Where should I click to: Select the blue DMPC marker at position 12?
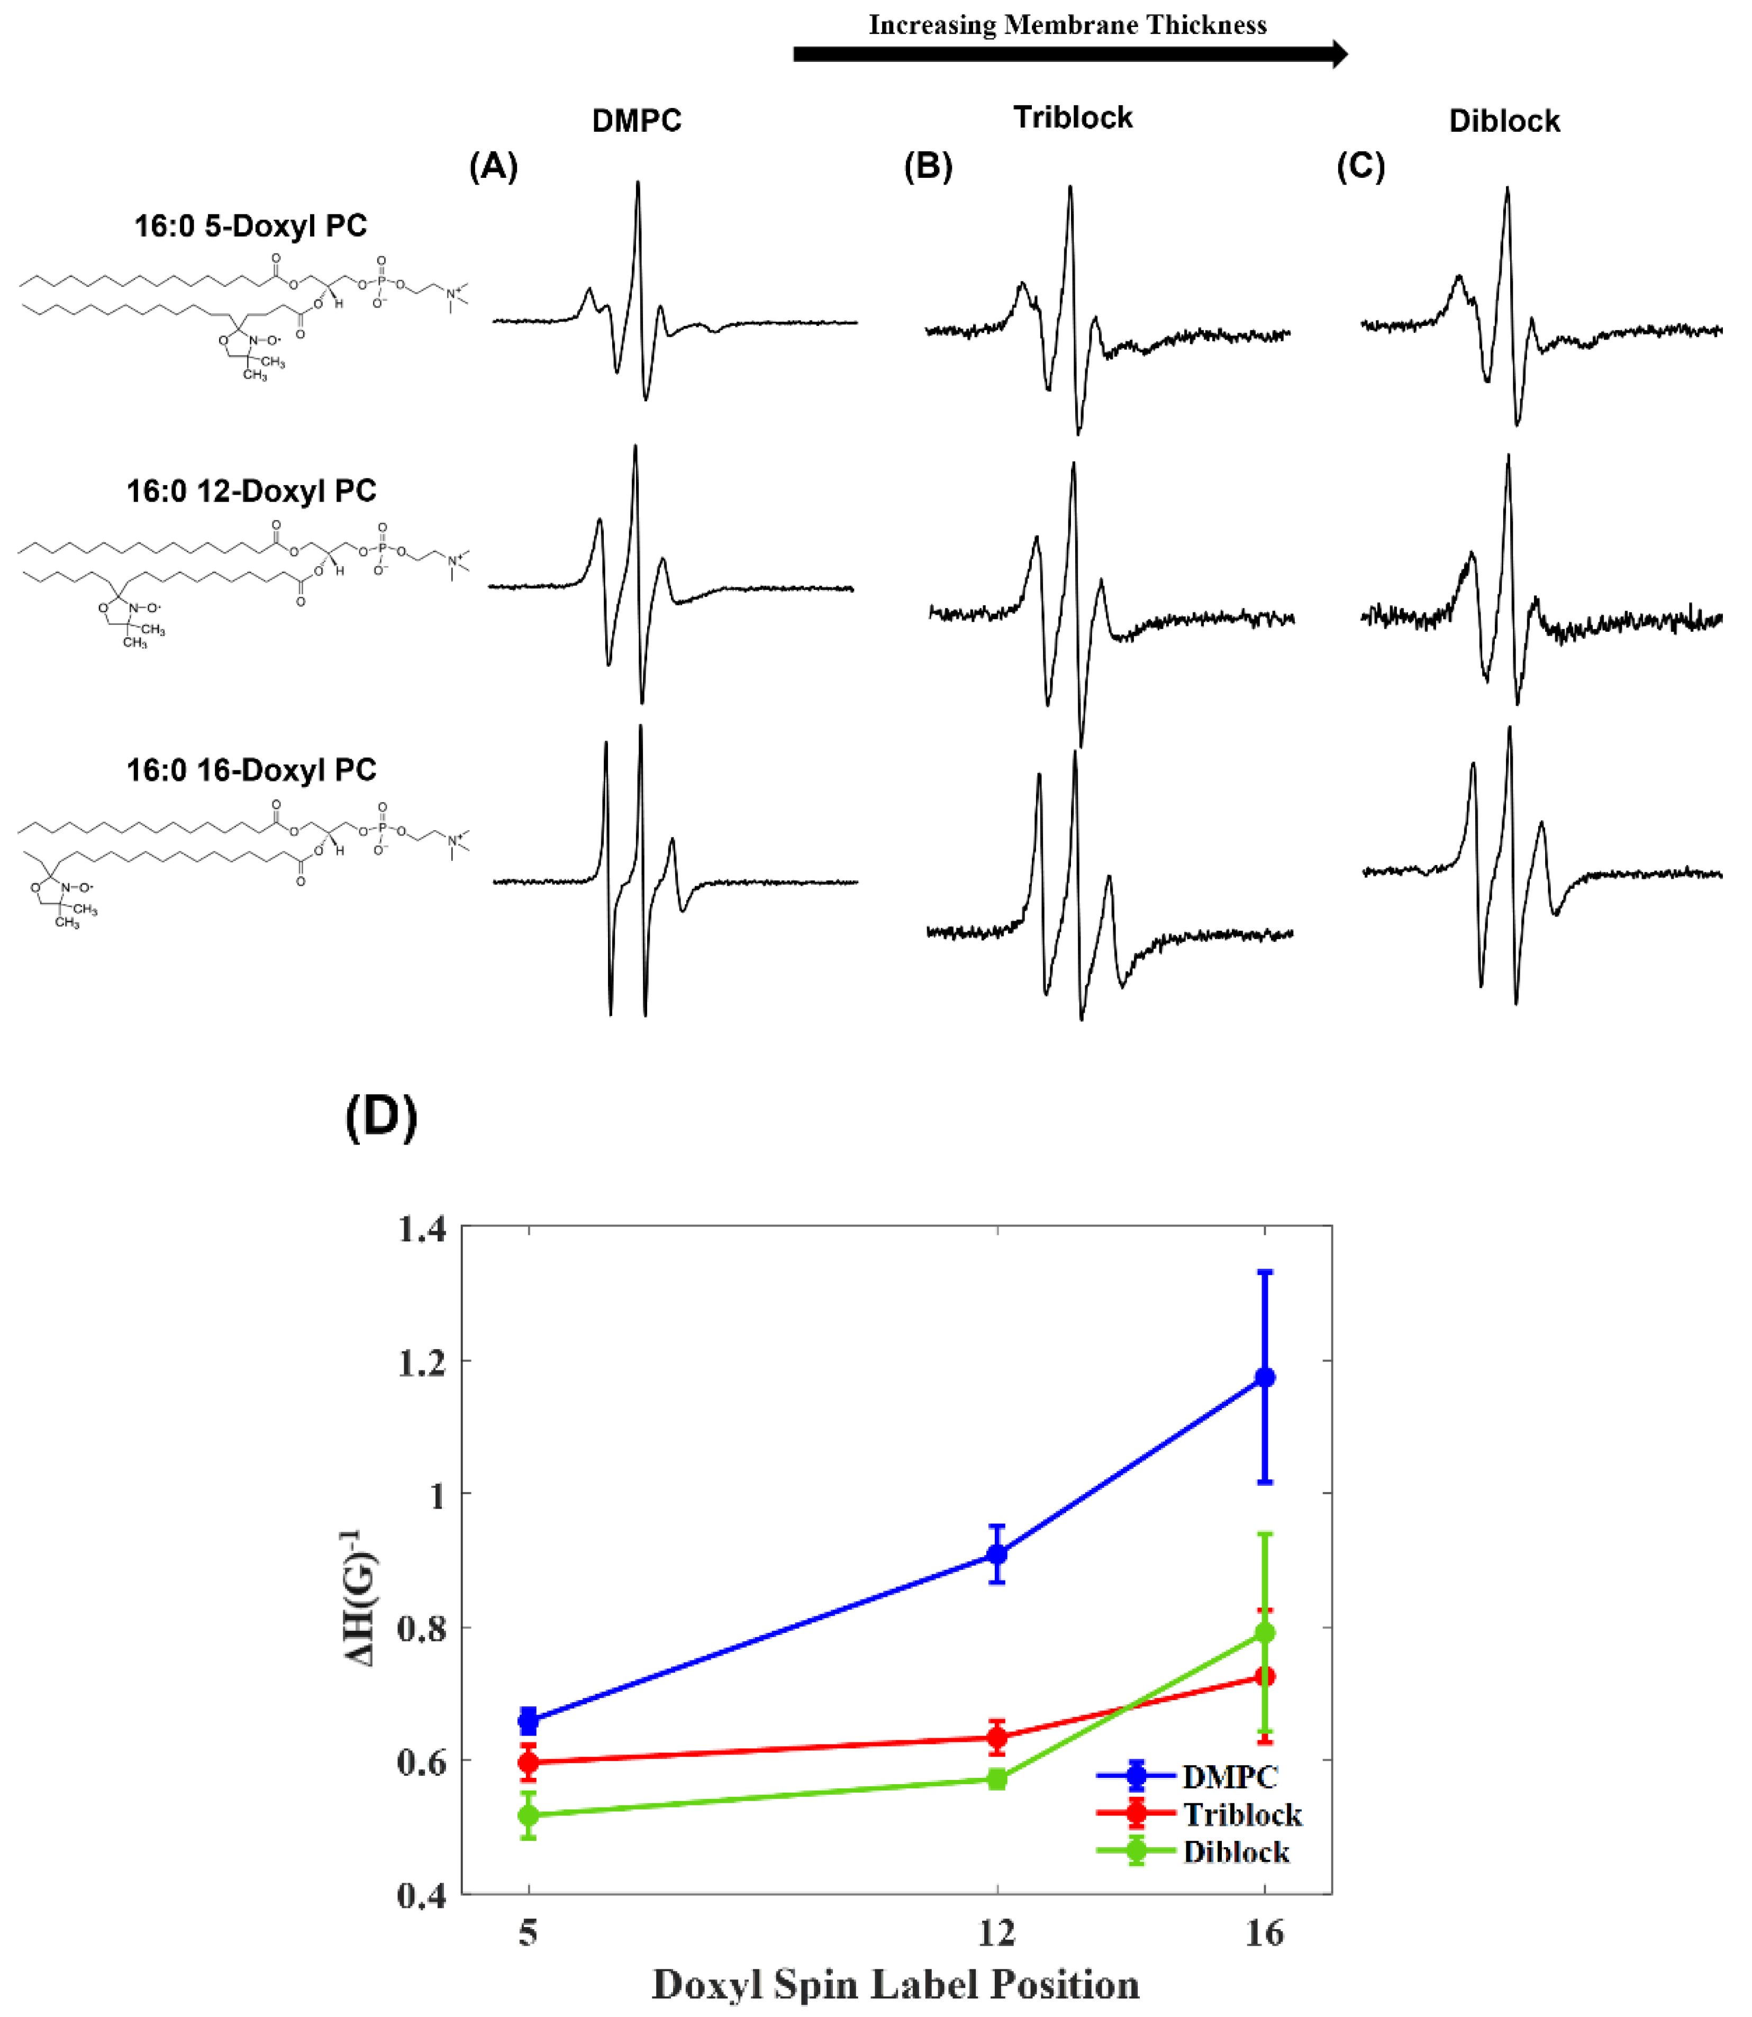996,1552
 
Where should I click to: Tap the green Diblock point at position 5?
528,1815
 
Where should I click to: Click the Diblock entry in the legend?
1235,1852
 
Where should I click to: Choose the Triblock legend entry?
1242,1815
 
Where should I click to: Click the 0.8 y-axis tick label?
421,1629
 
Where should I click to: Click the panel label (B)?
927,167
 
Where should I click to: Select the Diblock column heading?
1504,121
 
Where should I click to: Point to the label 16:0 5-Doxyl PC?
250,226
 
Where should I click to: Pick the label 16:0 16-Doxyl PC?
251,770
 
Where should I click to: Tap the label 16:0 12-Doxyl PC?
251,491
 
